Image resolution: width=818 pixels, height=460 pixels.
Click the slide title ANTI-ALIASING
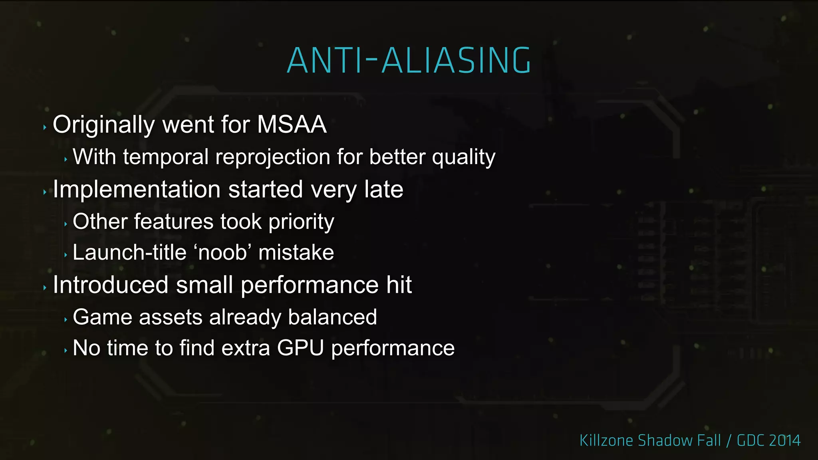pos(409,61)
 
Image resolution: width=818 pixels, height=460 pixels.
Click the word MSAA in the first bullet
pos(292,125)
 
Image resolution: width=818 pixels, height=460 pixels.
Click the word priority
pos(301,222)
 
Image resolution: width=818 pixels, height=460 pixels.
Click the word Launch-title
pos(129,253)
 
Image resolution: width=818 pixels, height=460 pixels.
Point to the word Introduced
pos(110,285)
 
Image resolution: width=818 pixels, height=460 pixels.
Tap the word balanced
pos(332,317)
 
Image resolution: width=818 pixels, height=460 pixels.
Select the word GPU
pos(300,348)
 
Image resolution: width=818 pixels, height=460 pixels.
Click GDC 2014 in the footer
pos(768,440)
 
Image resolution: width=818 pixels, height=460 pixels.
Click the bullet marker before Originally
pos(45,128)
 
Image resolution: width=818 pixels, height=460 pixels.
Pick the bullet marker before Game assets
pos(66,320)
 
